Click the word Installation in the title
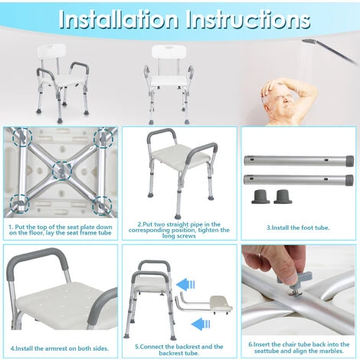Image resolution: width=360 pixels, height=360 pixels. click(118, 19)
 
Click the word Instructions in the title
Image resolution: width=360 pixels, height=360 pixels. click(248, 19)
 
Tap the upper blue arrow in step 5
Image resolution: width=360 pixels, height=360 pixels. click(185, 284)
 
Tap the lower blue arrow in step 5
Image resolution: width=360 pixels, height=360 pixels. click(201, 324)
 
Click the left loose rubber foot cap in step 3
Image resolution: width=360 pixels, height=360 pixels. click(260, 197)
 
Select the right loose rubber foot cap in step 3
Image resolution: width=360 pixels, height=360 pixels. click(283, 197)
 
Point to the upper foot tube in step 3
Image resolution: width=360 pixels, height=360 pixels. click(299, 161)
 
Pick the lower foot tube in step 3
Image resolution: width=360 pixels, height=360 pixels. click(299, 180)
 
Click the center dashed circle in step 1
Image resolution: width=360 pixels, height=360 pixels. click(62, 172)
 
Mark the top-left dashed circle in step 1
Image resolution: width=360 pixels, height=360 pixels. click(23, 138)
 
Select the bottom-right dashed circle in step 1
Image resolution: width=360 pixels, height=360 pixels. click(102, 205)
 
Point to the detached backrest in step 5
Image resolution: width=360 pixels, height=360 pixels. click(205, 303)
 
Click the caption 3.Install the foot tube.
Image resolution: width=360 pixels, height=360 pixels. click(298, 227)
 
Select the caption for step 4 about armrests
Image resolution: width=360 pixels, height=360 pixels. click(60, 349)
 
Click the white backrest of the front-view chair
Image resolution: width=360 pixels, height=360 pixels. click(169, 52)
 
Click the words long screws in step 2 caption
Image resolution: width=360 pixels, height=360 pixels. click(179, 236)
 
